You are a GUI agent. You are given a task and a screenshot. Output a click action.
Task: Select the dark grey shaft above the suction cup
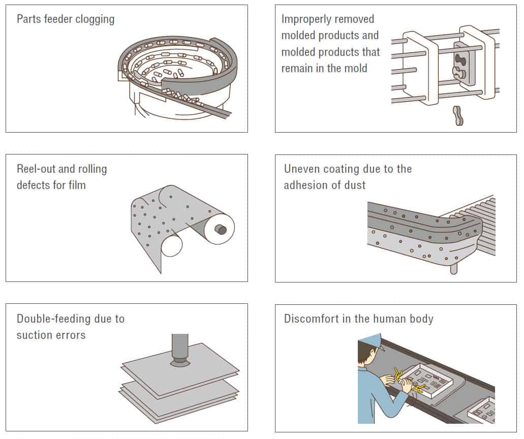[180, 346]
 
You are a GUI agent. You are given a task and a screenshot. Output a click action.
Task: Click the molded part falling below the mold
[458, 115]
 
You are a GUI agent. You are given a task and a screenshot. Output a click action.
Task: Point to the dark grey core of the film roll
[222, 229]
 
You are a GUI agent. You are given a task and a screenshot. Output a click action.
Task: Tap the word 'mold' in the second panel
[354, 68]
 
